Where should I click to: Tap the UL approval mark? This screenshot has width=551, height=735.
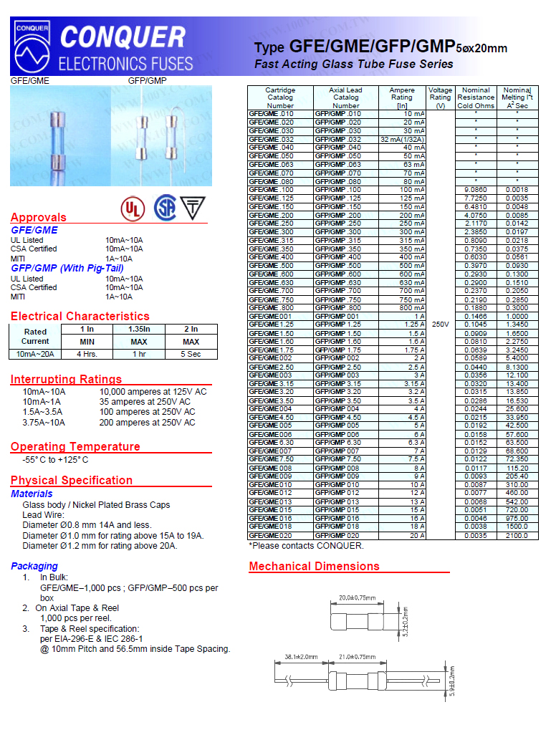coord(131,208)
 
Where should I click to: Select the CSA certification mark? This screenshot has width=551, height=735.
coord(165,208)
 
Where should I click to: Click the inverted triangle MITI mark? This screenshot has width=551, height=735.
coord(191,208)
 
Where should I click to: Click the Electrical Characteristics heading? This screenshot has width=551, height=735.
coord(80,317)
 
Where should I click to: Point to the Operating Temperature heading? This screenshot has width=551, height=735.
coord(75,447)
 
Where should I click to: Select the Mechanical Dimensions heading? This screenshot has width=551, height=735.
coord(314,567)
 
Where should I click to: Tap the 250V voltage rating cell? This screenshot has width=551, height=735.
coord(440,325)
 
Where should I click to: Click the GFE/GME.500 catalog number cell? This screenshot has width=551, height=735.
coord(271,266)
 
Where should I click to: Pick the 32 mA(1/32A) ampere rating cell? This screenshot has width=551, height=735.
coord(402,139)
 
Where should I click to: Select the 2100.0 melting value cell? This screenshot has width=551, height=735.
coord(517,535)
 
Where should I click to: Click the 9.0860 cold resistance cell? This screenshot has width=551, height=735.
coord(476,190)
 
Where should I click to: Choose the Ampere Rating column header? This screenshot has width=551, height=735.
coord(402,97)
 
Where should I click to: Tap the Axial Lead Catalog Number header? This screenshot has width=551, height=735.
coord(346,97)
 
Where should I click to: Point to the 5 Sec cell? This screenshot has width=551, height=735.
coord(191,354)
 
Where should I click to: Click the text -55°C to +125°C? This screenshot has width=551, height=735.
coord(56,460)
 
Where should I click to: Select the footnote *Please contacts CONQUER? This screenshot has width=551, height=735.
coord(306,546)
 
